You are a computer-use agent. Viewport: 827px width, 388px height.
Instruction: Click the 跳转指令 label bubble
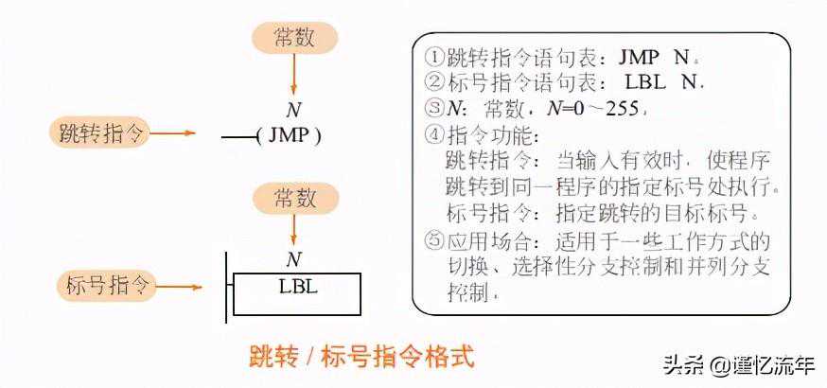pos(97,133)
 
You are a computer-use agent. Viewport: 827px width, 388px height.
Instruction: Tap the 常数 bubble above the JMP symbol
pos(294,39)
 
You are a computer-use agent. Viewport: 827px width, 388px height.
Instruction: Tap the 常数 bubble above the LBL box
pos(294,199)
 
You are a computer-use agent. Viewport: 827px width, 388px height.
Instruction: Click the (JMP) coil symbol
pos(289,136)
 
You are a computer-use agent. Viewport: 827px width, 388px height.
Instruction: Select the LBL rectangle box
pos(297,293)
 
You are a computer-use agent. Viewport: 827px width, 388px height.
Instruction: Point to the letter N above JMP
pos(293,110)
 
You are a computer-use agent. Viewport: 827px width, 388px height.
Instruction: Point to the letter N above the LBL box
pos(293,259)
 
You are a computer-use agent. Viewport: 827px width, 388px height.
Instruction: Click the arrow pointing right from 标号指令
pos(180,286)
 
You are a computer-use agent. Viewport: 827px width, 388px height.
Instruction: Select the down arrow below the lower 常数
pos(293,230)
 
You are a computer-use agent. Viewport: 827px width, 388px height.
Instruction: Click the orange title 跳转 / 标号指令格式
pos(361,357)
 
